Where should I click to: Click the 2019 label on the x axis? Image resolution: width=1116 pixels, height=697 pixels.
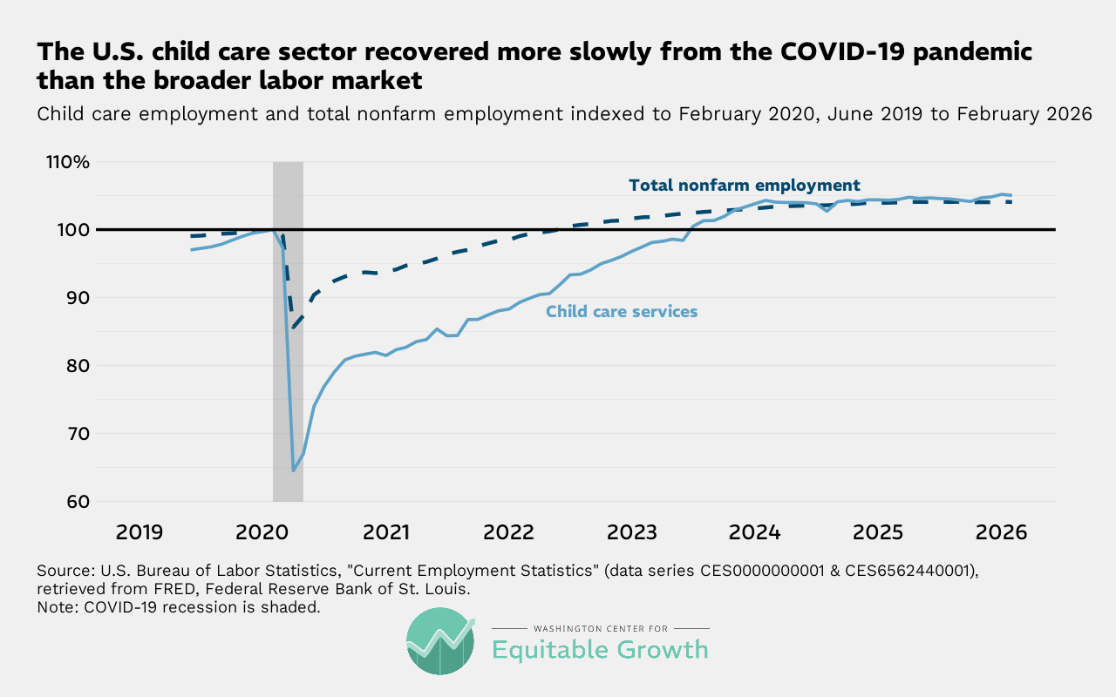(139, 531)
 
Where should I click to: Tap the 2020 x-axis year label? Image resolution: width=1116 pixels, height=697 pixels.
(262, 531)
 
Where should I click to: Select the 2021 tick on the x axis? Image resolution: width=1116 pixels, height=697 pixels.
(386, 531)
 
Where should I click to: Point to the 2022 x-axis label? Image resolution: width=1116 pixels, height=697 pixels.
(508, 531)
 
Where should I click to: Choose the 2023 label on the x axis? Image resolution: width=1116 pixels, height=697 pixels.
(632, 531)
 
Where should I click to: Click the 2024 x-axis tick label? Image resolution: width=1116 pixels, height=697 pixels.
(755, 531)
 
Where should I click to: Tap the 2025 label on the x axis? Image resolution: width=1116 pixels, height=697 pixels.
(878, 531)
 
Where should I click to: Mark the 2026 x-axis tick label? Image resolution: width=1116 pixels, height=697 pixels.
(1002, 531)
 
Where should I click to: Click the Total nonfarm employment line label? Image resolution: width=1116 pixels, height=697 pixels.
(744, 186)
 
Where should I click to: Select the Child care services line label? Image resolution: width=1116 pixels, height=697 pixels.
(622, 311)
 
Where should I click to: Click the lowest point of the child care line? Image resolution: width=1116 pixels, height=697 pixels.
(294, 470)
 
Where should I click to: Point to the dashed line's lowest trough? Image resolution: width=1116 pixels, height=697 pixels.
(294, 328)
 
